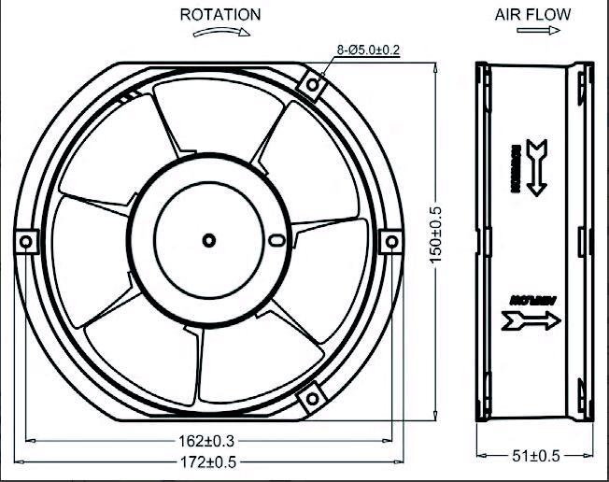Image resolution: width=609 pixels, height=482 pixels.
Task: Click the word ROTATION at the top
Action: (220, 15)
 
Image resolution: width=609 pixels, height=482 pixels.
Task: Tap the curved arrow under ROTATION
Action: (221, 32)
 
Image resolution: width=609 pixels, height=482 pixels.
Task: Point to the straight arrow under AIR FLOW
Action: (532, 31)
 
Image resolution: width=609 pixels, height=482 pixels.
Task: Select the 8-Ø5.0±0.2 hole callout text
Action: (367, 50)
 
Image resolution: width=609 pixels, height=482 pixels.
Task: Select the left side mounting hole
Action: (25, 241)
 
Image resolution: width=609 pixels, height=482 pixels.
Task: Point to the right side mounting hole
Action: (390, 240)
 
